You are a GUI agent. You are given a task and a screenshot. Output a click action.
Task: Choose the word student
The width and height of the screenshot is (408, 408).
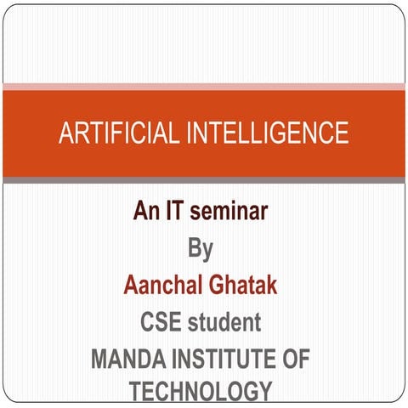coord(224,322)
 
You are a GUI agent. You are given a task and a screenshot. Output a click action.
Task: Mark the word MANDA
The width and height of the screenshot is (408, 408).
coord(127,360)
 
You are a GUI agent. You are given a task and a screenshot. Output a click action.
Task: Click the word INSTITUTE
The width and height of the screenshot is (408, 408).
coord(223,360)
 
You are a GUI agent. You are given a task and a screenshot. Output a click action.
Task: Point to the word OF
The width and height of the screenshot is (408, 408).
coord(295,360)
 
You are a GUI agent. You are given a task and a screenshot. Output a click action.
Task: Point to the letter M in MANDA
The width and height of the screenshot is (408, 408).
coord(99,360)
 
